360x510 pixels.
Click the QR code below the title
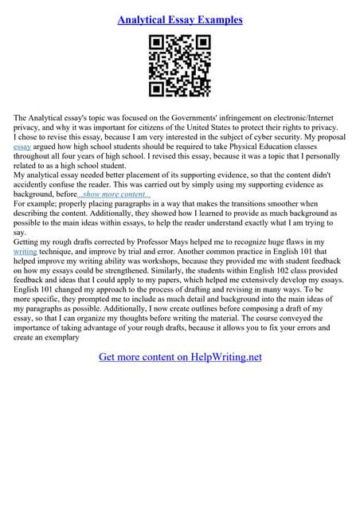point(179,66)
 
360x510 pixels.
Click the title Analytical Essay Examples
point(180,19)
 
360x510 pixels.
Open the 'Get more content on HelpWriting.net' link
point(180,357)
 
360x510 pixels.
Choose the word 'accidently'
point(34,184)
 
